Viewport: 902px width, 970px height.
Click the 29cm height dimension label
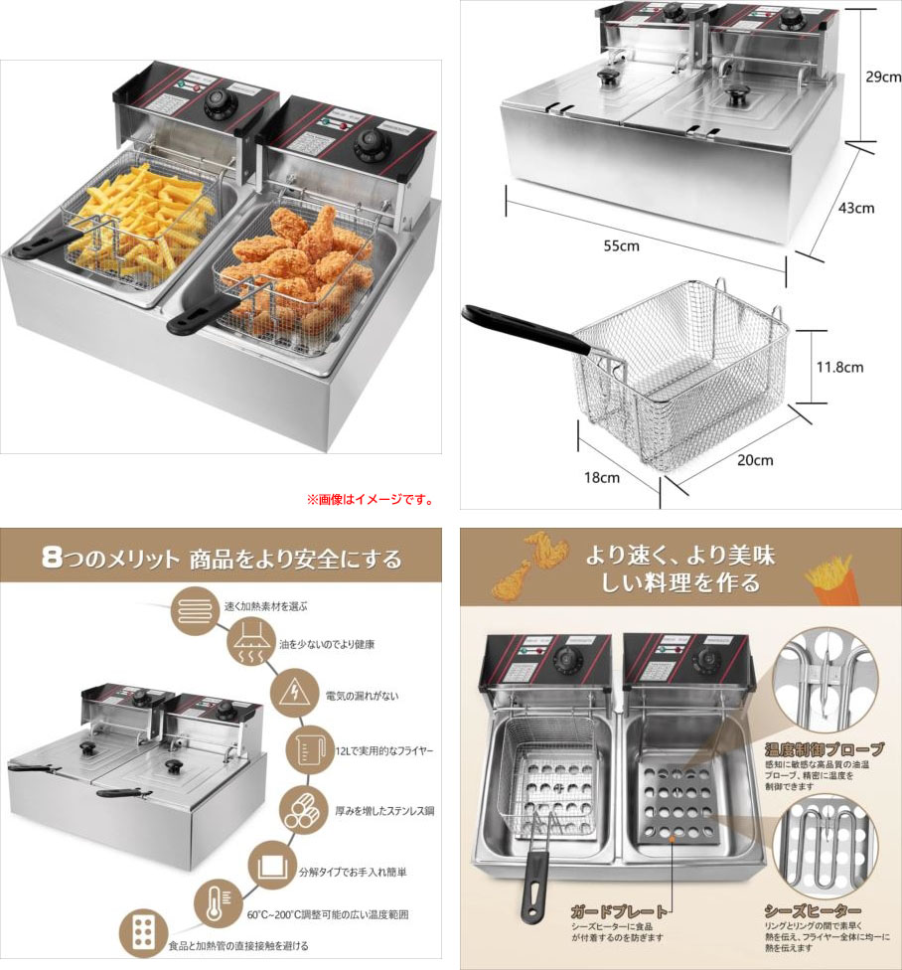(x=882, y=77)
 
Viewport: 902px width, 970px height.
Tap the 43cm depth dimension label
(x=855, y=208)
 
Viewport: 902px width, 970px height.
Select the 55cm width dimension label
(x=623, y=245)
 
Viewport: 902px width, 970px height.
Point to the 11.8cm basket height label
(x=838, y=367)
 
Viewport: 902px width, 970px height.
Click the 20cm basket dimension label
(x=755, y=460)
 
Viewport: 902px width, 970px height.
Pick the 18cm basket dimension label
(x=601, y=477)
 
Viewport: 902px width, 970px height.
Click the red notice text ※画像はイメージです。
(x=370, y=499)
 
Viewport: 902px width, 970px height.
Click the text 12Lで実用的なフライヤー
(x=377, y=747)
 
